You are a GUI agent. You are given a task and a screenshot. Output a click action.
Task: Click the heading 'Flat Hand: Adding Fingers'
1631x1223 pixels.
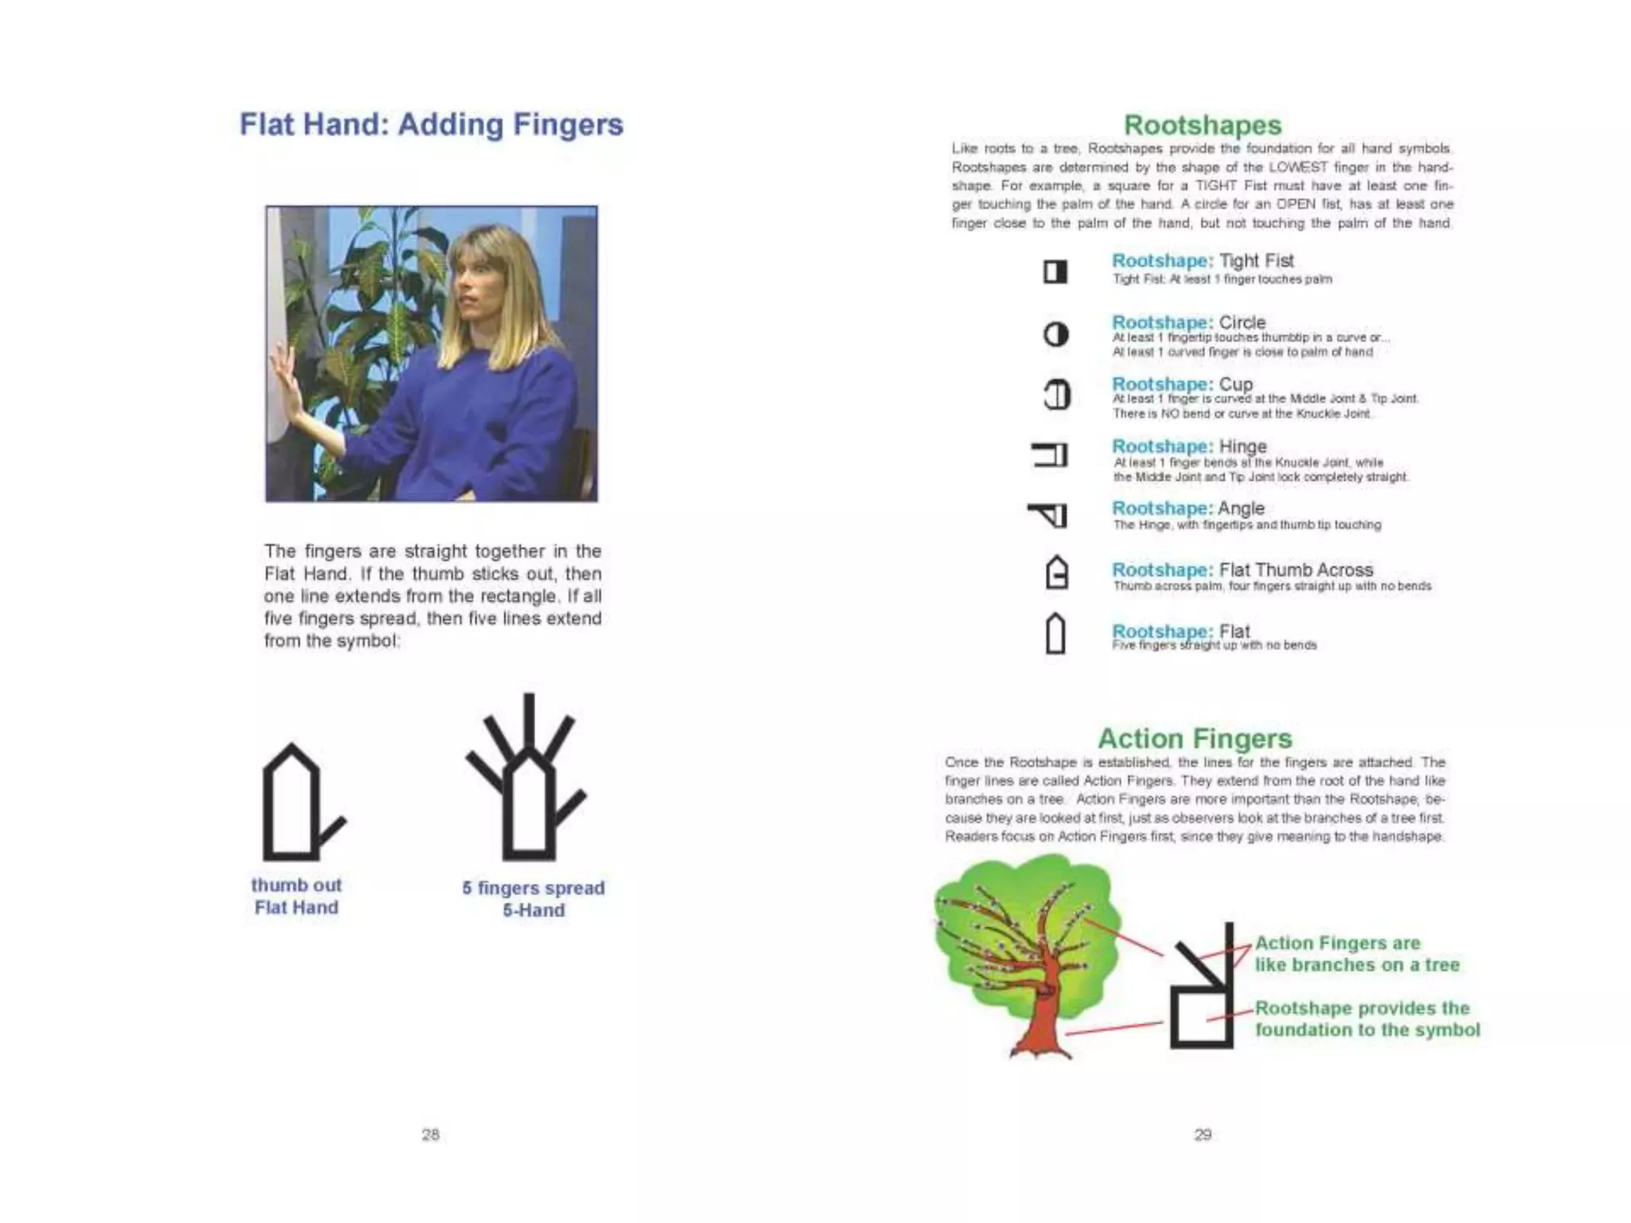[431, 125]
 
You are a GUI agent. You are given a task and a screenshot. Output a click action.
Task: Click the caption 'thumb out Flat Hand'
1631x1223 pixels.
[296, 897]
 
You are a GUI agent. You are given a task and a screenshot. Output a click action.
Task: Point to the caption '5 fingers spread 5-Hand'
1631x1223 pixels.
[533, 899]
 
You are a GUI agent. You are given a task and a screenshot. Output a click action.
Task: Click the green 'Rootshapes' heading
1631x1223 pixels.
[1203, 125]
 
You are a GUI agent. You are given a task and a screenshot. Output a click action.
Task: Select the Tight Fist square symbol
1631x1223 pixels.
[1055, 272]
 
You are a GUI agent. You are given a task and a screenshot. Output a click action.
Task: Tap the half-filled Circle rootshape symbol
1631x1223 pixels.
[1056, 334]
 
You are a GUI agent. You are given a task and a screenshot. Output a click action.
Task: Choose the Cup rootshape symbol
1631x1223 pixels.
[1057, 395]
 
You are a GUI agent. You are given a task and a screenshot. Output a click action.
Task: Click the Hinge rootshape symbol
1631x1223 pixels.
[1050, 455]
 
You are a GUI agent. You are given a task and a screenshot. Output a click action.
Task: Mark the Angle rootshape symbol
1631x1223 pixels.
[1050, 516]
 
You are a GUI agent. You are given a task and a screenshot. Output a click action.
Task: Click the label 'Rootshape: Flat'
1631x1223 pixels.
[1180, 631]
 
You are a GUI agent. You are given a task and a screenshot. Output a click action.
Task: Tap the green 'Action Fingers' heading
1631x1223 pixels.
[1195, 739]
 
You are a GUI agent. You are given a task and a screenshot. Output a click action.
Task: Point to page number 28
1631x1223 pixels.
[430, 1135]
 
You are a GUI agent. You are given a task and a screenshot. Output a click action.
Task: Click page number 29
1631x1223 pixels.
[1203, 1135]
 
